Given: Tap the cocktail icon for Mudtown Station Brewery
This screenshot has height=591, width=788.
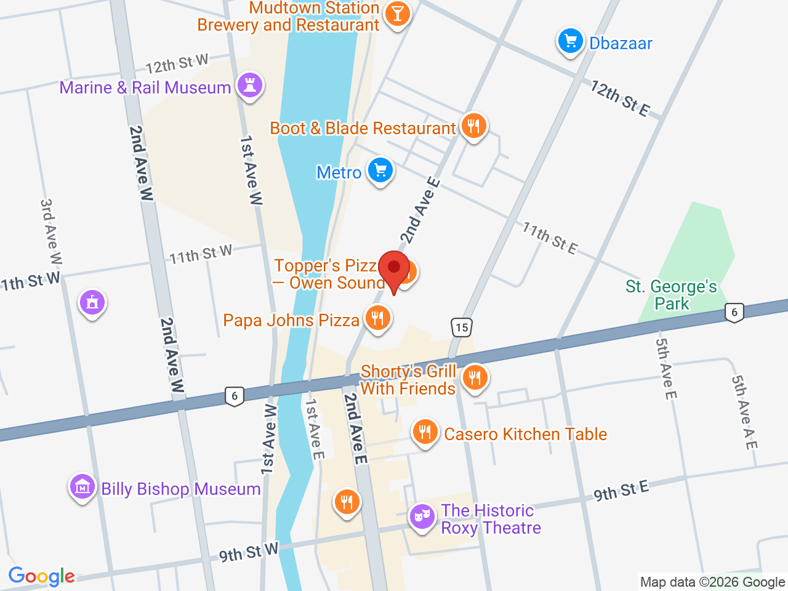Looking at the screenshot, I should pos(397,14).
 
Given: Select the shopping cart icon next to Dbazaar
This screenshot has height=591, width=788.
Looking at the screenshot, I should pos(570,42).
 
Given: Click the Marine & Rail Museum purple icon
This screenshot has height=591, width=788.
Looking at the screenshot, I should pos(250,86).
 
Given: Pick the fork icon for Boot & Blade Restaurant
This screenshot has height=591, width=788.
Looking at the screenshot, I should pos(473,126).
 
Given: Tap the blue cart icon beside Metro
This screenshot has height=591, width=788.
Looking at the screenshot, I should pos(380,171).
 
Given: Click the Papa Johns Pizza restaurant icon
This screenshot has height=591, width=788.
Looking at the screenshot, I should pos(377,318).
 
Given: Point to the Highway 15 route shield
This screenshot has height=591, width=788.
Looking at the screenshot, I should pos(462,328).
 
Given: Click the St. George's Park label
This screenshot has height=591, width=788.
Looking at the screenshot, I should pos(671,295).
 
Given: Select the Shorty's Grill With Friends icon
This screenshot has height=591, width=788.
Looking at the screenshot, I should pos(474,377).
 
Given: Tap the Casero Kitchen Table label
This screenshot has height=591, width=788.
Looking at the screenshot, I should pos(525,434).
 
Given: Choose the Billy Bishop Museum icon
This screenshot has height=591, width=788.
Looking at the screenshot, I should pos(82,488).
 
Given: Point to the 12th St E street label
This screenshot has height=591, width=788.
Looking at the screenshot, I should pos(619,98).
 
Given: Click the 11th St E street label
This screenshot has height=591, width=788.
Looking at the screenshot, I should pos(550,238).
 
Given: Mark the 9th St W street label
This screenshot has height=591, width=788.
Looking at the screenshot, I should pos(249,552).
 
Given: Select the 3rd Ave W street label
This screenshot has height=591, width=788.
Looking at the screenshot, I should pos(50,231).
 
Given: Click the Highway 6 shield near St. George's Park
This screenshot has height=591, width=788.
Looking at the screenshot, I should pos(734,312).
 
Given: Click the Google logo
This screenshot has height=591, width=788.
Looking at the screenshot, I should pos(41,576).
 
